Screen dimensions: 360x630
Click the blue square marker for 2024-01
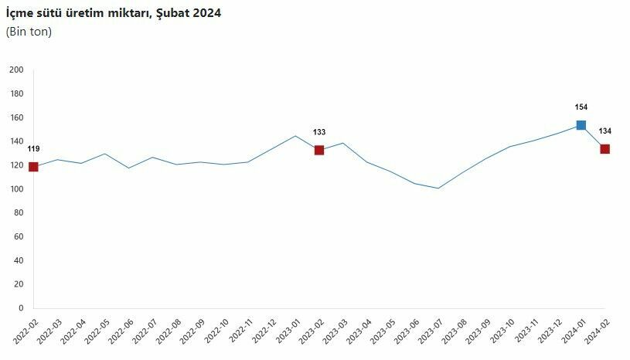pyautogui.click(x=581, y=125)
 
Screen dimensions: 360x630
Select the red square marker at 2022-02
pyautogui.click(x=33, y=167)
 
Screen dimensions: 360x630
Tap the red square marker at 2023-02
pyautogui.click(x=318, y=150)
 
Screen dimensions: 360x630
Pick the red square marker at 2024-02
pyautogui.click(x=604, y=149)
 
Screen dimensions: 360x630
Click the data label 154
pyautogui.click(x=581, y=107)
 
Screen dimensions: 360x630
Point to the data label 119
pyautogui.click(x=33, y=148)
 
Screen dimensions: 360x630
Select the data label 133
pyautogui.click(x=318, y=132)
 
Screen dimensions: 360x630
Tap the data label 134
pyautogui.click(x=604, y=131)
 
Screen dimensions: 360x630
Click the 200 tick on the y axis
pyautogui.click(x=17, y=70)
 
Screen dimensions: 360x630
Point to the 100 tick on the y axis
pyautogui.click(x=17, y=189)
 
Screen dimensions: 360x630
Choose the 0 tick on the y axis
pyautogui.click(x=21, y=308)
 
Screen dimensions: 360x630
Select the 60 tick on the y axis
pyautogui.click(x=19, y=237)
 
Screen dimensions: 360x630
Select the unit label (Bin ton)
pyautogui.click(x=29, y=32)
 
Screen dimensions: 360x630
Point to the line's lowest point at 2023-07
pyautogui.click(x=438, y=188)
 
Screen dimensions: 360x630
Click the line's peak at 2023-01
pyautogui.click(x=295, y=136)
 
